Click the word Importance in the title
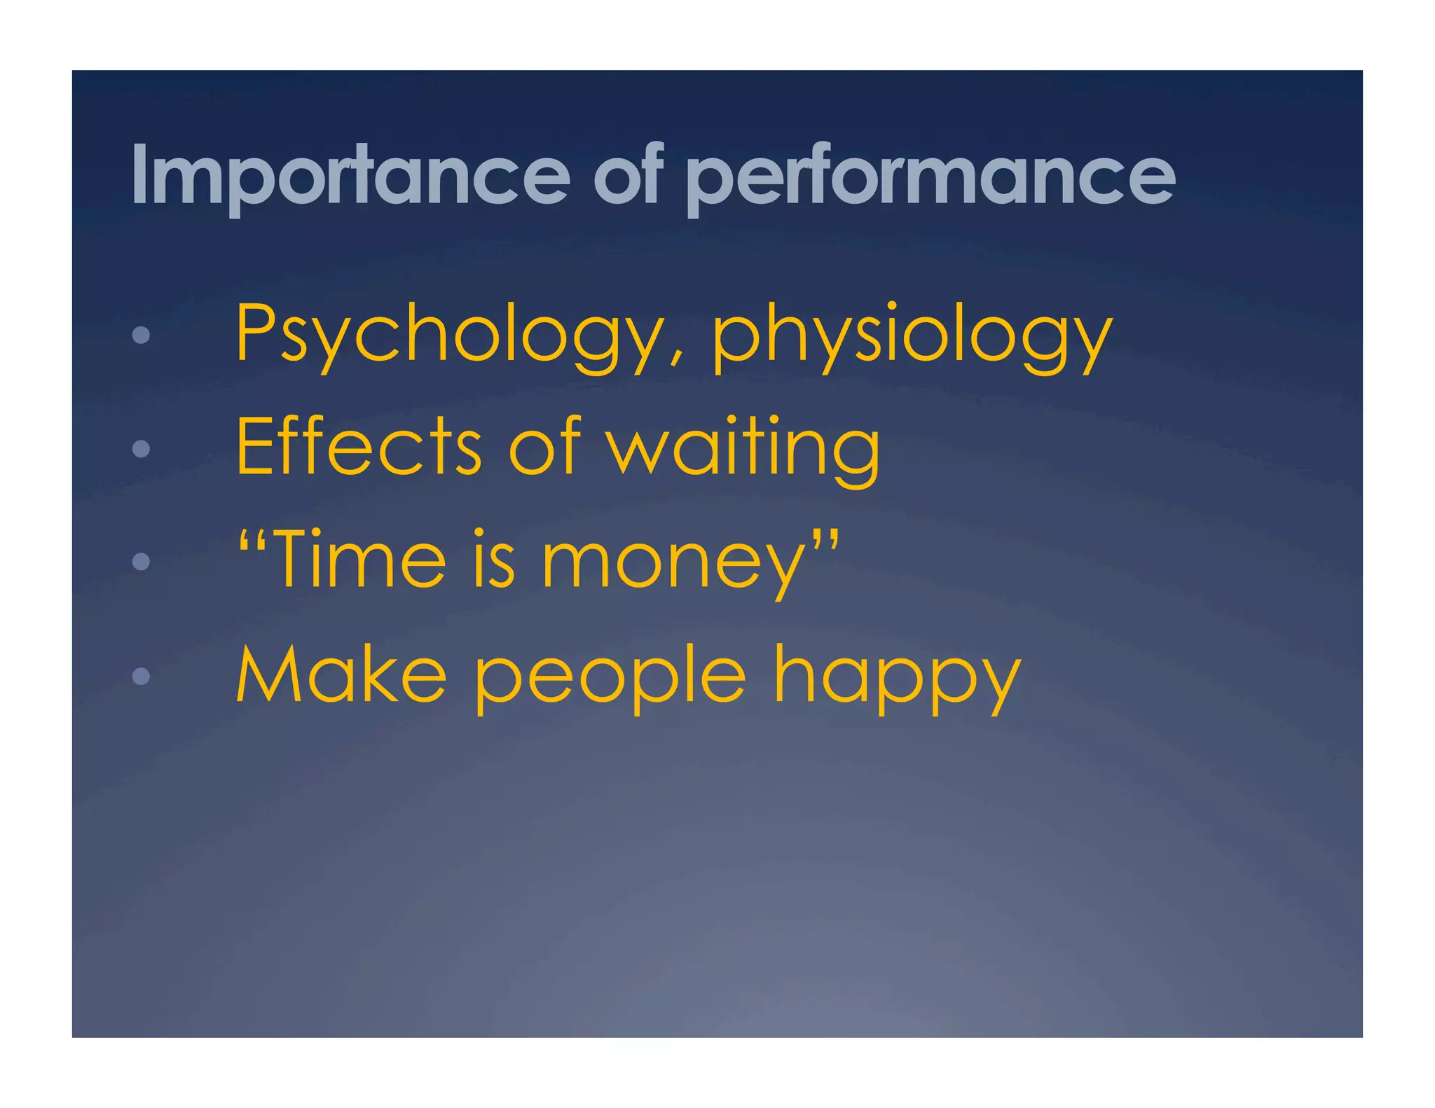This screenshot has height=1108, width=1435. pyautogui.click(x=350, y=175)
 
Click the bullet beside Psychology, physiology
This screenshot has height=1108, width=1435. pyautogui.click(x=141, y=335)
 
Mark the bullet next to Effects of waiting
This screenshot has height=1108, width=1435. pyautogui.click(x=141, y=448)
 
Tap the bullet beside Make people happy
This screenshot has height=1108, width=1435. pyautogui.click(x=141, y=676)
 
